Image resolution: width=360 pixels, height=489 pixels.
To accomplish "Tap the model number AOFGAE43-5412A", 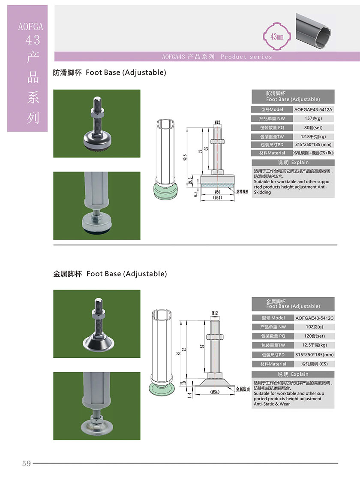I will (x=313, y=109).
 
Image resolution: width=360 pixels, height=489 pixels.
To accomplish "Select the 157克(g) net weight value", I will (x=313, y=118).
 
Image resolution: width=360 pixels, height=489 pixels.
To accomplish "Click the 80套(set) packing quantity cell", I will (x=313, y=127).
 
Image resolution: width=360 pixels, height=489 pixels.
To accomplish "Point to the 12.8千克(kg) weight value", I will (x=313, y=136).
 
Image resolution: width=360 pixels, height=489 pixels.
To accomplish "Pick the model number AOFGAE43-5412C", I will (x=315, y=318).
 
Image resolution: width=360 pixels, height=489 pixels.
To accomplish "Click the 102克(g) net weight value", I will (x=315, y=327).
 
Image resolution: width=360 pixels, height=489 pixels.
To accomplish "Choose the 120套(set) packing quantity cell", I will (x=315, y=336).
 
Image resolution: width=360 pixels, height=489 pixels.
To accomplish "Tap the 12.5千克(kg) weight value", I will (x=315, y=345).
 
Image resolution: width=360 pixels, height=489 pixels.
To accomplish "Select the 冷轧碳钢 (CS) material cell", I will (x=315, y=364).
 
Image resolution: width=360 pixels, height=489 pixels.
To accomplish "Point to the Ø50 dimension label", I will (x=217, y=192).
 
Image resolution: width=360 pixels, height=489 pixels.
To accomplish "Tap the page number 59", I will (x=27, y=463).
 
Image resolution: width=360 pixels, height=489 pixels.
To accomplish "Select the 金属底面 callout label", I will (x=243, y=389).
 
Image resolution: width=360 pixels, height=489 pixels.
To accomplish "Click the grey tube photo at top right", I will (x=315, y=29).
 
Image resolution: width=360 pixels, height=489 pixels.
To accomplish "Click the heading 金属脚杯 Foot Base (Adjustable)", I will (x=110, y=274).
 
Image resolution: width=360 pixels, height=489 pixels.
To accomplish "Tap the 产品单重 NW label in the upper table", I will (x=272, y=118).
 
